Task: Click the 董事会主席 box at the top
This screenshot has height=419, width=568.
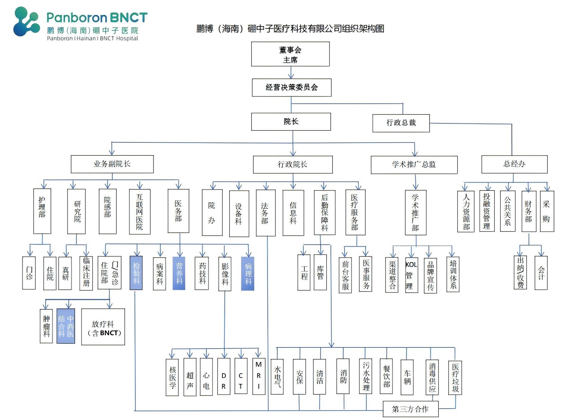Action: point(290,54)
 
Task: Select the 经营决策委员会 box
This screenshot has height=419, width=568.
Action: point(291,87)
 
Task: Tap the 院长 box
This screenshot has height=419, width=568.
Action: point(291,122)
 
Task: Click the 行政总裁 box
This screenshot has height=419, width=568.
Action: point(401,123)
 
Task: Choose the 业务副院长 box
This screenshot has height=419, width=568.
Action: point(112,164)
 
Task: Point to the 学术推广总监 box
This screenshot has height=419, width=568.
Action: point(414,165)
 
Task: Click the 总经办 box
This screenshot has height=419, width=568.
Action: point(514,164)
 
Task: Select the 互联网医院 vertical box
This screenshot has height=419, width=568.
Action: point(139,212)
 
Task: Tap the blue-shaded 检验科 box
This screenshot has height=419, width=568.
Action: point(136,273)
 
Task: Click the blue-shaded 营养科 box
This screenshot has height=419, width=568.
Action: point(179,273)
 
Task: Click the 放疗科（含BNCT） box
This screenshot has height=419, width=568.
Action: point(103,327)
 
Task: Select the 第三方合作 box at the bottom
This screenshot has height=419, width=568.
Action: point(410,409)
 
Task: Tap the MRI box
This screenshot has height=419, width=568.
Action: point(258,377)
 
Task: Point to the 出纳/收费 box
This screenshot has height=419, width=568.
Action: point(520,272)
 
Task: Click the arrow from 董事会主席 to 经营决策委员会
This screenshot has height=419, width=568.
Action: point(291,73)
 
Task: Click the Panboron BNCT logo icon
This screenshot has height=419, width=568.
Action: point(26,22)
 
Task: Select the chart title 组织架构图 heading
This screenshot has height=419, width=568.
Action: point(290,29)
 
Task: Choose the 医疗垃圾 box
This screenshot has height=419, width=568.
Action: point(455,378)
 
